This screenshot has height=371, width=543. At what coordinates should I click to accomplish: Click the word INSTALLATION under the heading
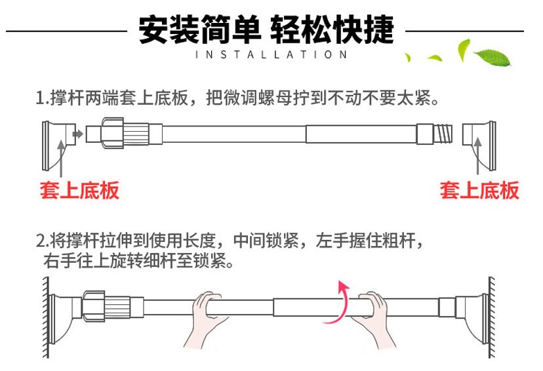click(x=271, y=54)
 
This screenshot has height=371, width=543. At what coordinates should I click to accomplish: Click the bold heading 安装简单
click(x=200, y=29)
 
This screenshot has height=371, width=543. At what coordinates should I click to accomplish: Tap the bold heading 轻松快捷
click(x=332, y=29)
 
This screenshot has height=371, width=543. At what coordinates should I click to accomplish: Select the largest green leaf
click(x=492, y=58)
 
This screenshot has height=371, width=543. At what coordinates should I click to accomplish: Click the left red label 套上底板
click(x=79, y=190)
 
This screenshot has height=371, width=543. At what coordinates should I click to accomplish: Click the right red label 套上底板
click(x=479, y=190)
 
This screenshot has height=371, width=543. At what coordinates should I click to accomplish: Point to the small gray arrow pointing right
click(x=77, y=134)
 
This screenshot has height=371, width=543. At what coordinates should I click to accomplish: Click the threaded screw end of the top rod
click(x=443, y=134)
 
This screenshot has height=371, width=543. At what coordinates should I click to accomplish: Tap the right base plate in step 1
click(x=479, y=146)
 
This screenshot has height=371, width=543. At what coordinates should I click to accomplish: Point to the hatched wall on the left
click(x=46, y=317)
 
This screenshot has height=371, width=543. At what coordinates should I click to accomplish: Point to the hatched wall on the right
click(x=492, y=317)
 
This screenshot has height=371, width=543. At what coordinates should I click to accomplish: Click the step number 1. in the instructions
click(x=43, y=98)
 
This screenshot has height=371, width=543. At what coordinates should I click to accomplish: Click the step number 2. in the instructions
click(x=43, y=241)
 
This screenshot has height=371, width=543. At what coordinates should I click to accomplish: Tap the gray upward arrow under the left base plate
click(x=61, y=159)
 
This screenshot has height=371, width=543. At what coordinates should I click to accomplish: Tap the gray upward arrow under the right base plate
click(x=478, y=156)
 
